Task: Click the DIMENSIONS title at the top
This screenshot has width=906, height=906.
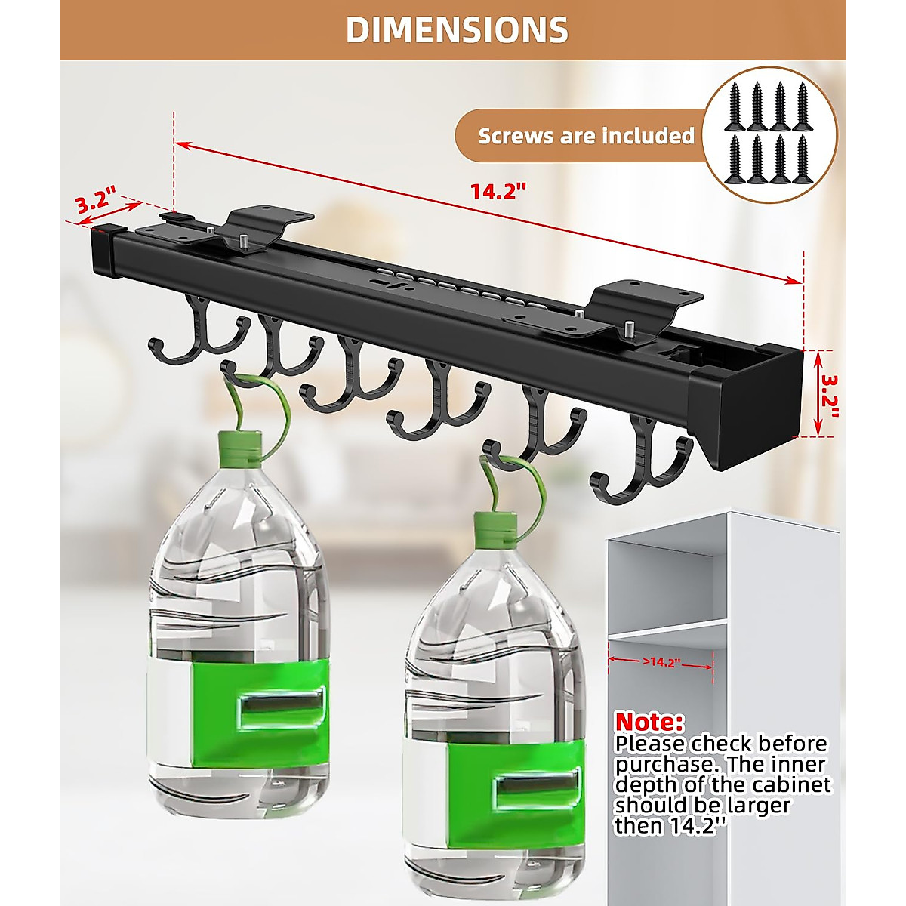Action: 457,30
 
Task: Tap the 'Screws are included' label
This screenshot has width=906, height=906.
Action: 586,136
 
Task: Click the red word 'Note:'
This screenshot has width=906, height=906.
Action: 649,722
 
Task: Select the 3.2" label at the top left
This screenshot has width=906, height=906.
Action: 94,202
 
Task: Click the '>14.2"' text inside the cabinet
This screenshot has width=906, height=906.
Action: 662,662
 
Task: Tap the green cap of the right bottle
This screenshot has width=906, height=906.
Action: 496,527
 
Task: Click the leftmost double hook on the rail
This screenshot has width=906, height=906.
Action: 199,332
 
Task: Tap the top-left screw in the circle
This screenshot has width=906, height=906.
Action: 733,103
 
